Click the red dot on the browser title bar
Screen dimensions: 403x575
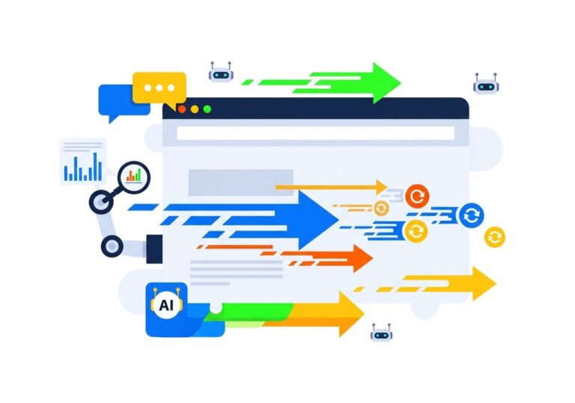point(182,109)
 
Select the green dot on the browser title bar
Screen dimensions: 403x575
point(207,109)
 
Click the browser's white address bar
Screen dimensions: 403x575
point(314,134)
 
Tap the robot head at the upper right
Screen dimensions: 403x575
point(486,85)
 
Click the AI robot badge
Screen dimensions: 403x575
point(165,306)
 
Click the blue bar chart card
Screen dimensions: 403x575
point(82,162)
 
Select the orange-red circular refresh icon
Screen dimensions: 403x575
point(418,197)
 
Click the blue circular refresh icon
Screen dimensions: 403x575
point(471,216)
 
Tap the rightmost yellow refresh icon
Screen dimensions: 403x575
point(494,237)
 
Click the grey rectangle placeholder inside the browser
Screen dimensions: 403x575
point(230,183)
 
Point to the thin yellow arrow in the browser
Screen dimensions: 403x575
point(329,187)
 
